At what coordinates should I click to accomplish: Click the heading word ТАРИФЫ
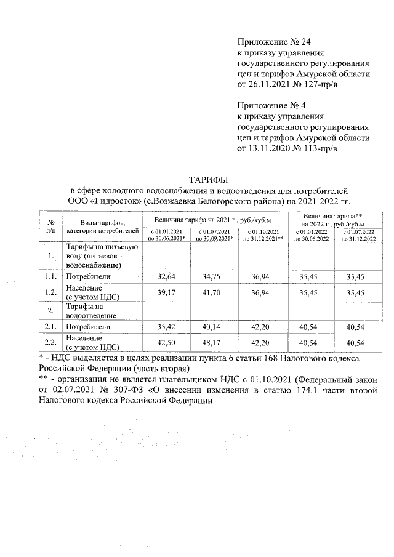[208, 180]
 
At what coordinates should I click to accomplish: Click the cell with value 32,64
[167, 277]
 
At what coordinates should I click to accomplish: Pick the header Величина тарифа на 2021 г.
[212, 219]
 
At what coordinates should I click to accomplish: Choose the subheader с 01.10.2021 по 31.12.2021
[263, 234]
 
